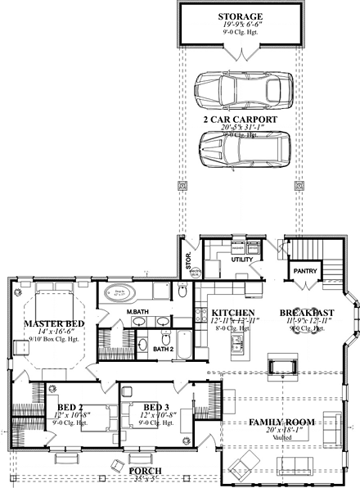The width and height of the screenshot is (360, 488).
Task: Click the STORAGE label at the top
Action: [x=240, y=16]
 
